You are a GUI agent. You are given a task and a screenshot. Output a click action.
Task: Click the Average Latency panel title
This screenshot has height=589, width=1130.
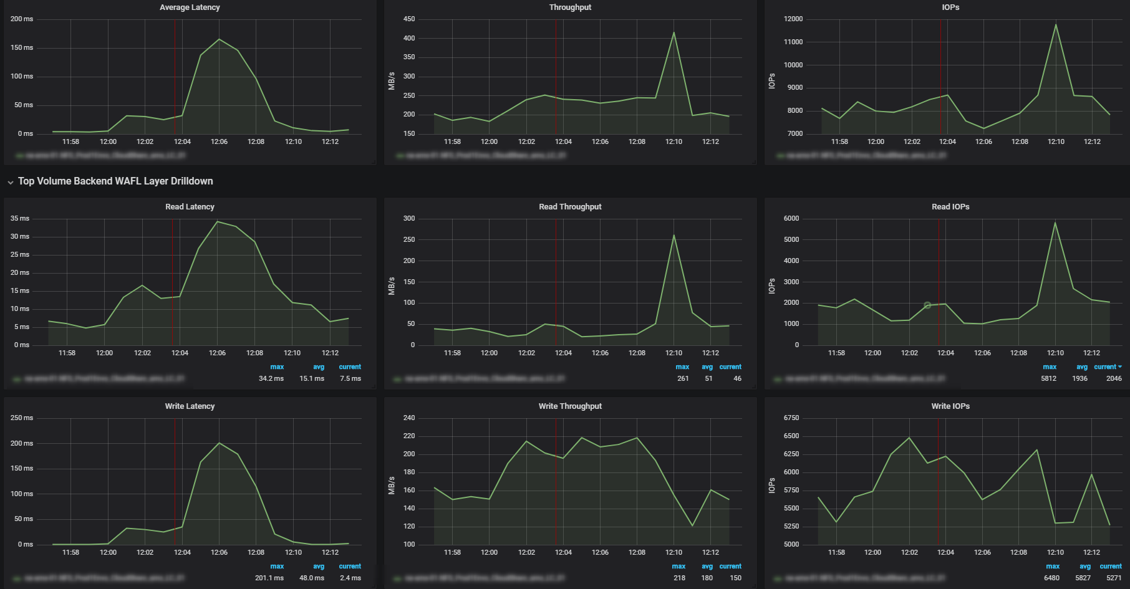(x=190, y=7)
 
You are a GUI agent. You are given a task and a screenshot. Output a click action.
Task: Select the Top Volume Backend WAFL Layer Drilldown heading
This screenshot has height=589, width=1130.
(x=115, y=181)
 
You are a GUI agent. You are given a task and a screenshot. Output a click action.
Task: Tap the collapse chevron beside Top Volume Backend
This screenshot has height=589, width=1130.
(x=11, y=182)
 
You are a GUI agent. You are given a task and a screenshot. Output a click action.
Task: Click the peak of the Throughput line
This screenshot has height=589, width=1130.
(x=674, y=32)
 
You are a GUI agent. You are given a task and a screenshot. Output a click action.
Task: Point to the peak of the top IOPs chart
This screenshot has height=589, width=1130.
(x=1056, y=25)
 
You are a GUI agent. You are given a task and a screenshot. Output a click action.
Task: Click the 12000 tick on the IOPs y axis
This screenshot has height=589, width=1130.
(x=793, y=19)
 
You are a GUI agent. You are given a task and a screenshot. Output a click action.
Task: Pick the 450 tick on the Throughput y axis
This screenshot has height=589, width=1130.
(x=409, y=19)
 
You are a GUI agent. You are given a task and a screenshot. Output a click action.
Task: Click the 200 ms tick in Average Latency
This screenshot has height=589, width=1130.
(x=22, y=19)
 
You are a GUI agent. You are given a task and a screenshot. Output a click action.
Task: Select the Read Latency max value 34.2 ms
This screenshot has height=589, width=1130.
(x=271, y=378)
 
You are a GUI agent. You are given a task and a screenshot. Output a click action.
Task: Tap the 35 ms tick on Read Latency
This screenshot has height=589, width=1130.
(x=20, y=219)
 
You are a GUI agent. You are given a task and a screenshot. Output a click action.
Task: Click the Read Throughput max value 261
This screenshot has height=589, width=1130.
(x=683, y=378)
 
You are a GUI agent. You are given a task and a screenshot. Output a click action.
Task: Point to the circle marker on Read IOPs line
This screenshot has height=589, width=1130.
(x=927, y=305)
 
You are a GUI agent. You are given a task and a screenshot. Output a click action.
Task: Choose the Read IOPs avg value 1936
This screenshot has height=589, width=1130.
(x=1079, y=378)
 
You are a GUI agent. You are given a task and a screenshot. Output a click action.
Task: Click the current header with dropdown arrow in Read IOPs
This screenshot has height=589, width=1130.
(x=1108, y=367)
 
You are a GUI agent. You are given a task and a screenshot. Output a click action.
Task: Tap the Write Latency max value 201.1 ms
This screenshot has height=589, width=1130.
(x=269, y=578)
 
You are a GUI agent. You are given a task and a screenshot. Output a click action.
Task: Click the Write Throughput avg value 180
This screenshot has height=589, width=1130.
(x=707, y=578)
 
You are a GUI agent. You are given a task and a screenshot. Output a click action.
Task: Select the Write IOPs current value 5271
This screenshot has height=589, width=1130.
(x=1114, y=578)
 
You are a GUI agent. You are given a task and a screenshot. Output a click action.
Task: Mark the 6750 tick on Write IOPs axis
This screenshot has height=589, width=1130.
(x=791, y=418)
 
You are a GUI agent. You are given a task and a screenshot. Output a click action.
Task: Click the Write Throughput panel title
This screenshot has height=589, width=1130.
(x=570, y=406)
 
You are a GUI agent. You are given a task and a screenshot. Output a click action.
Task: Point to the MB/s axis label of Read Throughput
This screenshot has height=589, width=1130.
(x=392, y=287)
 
